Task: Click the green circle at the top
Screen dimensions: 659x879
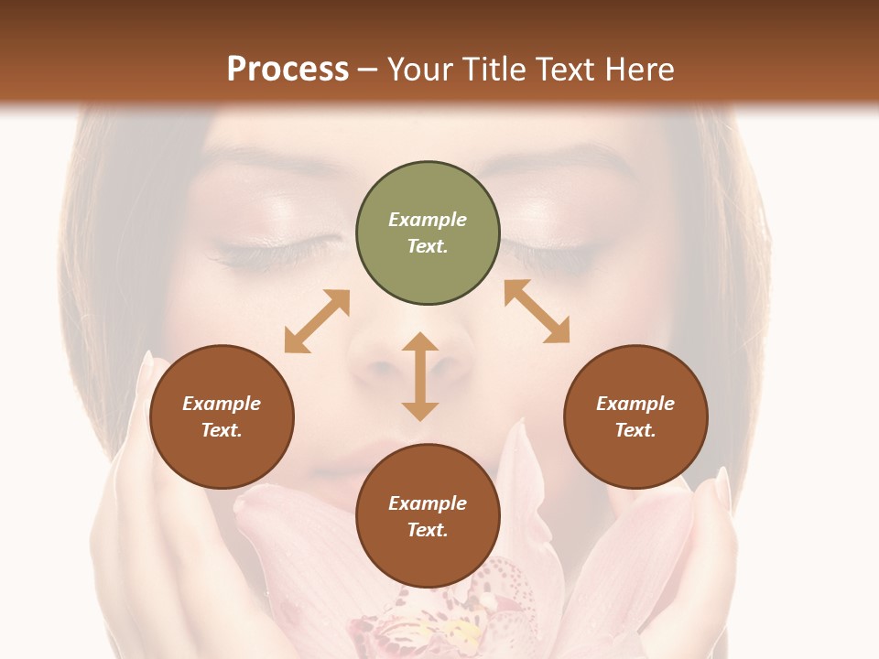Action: click(428, 233)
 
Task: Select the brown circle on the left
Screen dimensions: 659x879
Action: click(222, 417)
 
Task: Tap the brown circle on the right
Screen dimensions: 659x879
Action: click(635, 417)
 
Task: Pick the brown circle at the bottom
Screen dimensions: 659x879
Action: click(428, 516)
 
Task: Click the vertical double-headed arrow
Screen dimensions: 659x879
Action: click(420, 376)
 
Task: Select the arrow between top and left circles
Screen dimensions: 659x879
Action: click(317, 321)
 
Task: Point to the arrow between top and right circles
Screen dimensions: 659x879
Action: click(537, 311)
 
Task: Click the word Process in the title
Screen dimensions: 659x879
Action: click(288, 70)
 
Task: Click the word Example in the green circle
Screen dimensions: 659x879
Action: click(428, 220)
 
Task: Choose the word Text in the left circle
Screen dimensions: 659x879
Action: click(222, 430)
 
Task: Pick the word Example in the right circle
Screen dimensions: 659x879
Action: click(635, 404)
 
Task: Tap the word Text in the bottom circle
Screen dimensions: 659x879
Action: click(428, 530)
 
